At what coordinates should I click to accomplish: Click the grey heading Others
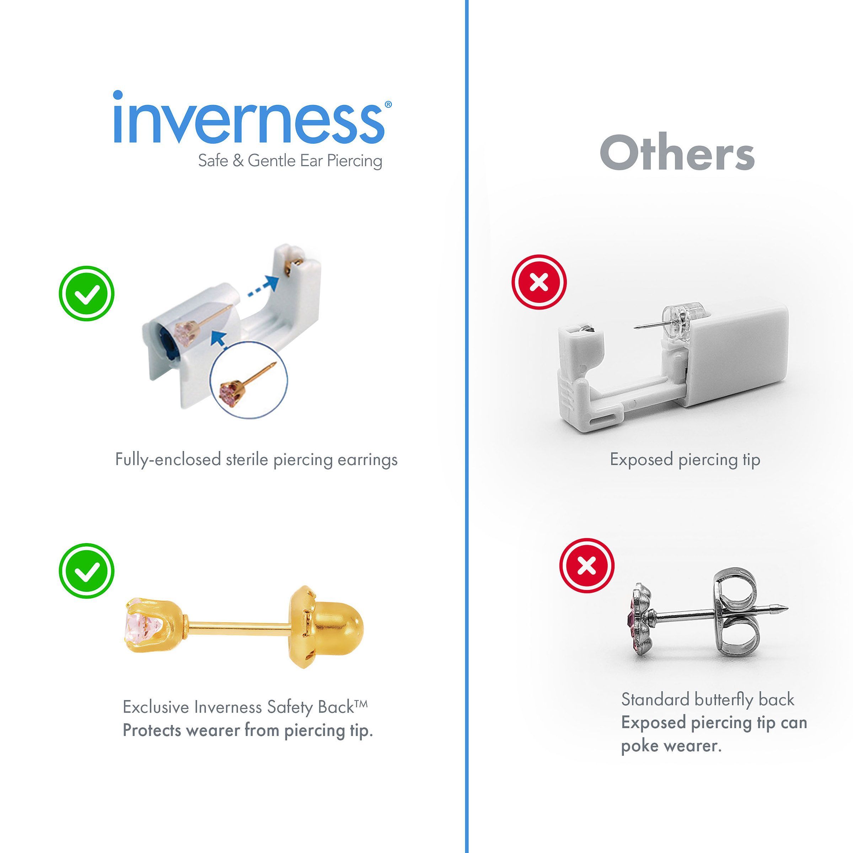[x=677, y=153]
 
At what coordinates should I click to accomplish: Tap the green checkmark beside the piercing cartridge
[x=86, y=293]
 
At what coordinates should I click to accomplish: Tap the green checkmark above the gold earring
[x=86, y=570]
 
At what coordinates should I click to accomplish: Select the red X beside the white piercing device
[x=539, y=282]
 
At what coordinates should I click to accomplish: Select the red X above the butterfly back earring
[x=587, y=565]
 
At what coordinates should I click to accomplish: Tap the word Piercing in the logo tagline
[x=355, y=161]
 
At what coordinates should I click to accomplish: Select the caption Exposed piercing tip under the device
[x=685, y=460]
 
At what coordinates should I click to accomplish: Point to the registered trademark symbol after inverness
[x=388, y=104]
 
